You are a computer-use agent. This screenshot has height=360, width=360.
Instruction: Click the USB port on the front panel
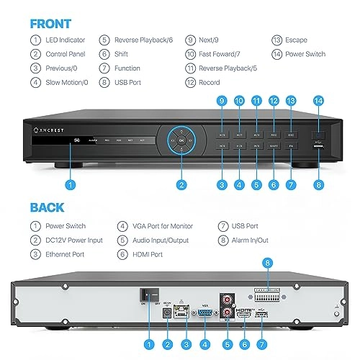[x=319, y=148]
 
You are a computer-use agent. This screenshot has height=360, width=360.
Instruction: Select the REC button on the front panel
[x=274, y=134]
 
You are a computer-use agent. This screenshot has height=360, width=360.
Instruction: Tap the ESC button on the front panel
[x=291, y=134]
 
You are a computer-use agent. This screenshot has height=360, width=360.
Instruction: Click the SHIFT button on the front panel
[x=274, y=146]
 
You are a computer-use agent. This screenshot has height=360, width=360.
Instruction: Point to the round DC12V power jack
[x=168, y=312]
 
